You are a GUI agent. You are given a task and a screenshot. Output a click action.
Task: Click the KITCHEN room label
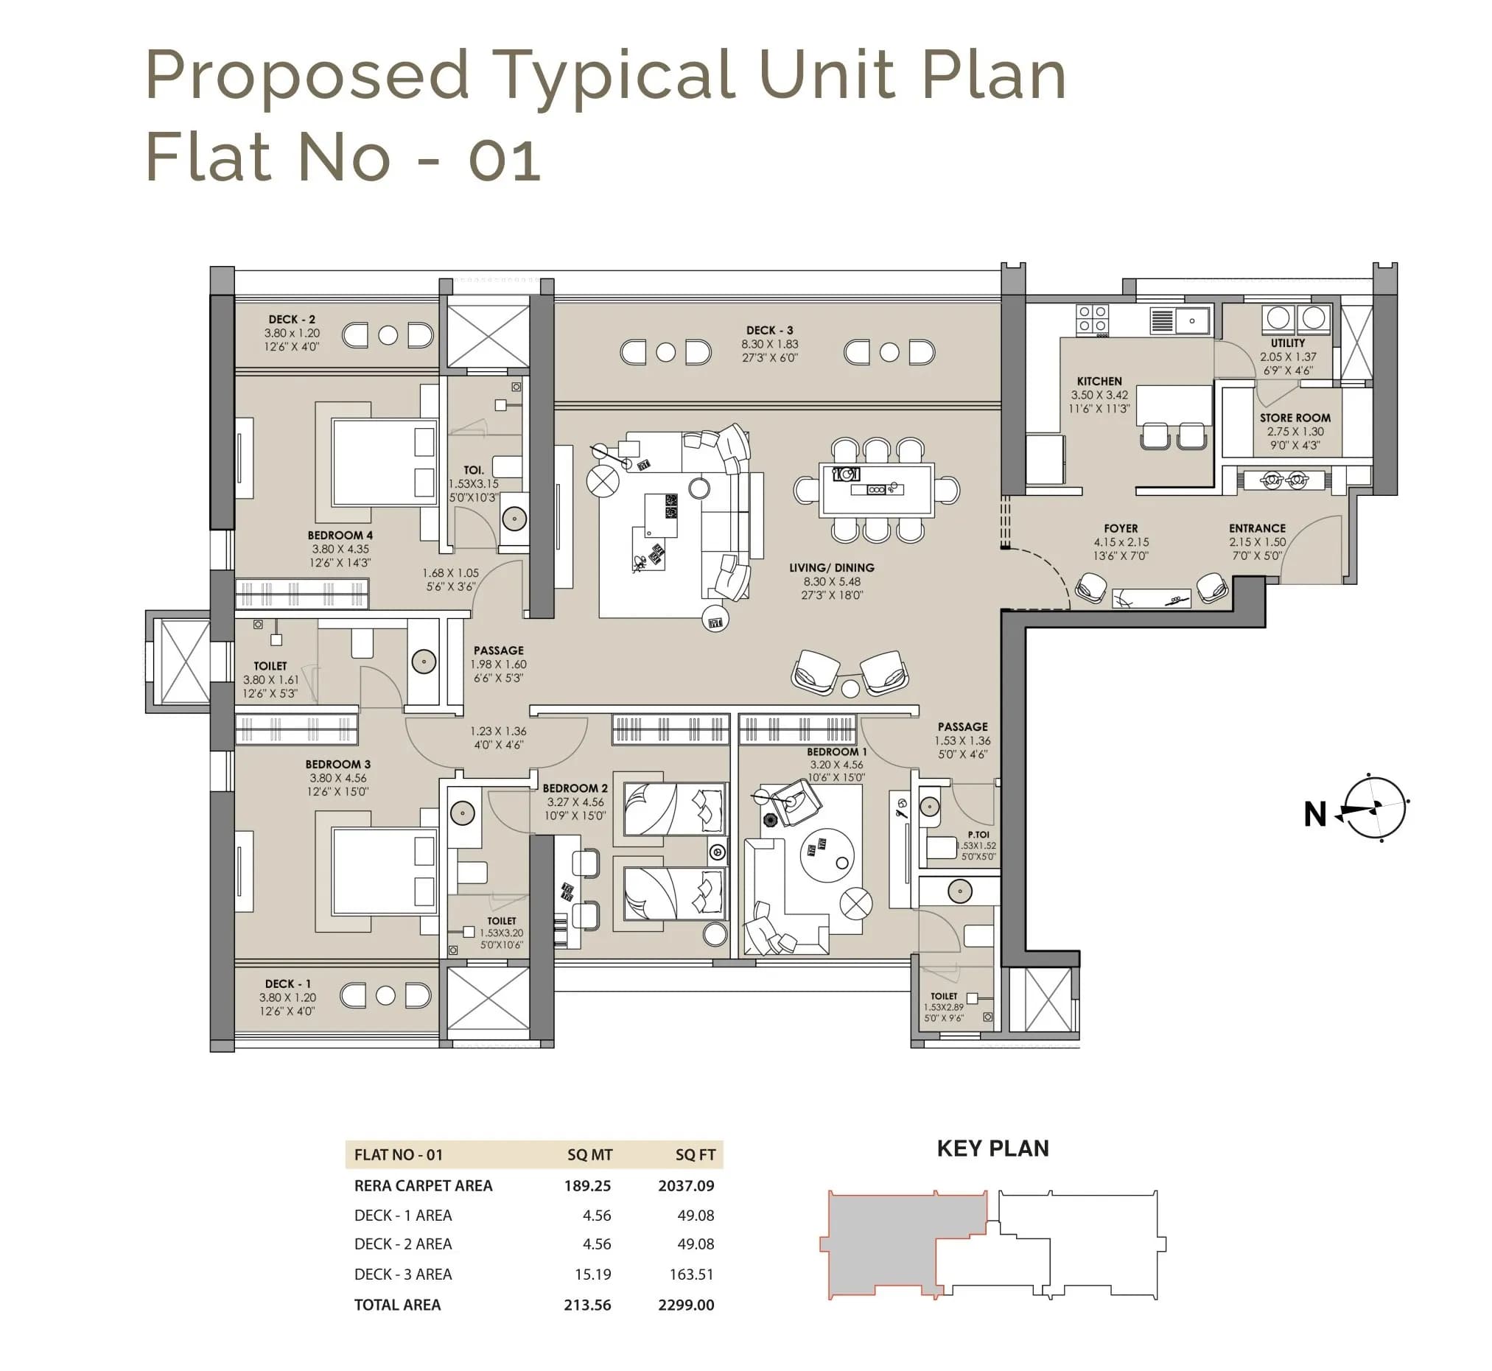pos(1099,382)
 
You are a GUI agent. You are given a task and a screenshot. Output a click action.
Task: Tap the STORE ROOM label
pos(1295,418)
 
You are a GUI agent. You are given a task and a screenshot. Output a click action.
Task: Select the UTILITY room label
pos(1287,343)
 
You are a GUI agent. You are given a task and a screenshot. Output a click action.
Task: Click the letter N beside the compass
pos(1314,815)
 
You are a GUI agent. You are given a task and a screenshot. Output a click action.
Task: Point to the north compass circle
pos(1375,809)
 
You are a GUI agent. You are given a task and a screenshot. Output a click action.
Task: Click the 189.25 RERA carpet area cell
pos(587,1185)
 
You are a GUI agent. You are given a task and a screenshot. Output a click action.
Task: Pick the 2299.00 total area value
pos(685,1305)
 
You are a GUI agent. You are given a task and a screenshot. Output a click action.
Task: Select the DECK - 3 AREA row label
pos(403,1274)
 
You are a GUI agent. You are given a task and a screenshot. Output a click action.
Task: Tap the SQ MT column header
pos(590,1155)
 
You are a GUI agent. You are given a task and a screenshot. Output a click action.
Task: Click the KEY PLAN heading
pos(992,1149)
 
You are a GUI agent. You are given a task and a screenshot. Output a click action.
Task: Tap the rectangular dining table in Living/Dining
pos(876,490)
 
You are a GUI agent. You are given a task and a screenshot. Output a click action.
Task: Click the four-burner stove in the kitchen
pos(1092,320)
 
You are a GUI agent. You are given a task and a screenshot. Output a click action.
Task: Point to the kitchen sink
pos(1191,321)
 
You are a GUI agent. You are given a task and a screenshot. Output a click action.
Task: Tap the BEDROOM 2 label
pos(575,788)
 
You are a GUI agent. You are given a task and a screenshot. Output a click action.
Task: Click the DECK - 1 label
pos(288,983)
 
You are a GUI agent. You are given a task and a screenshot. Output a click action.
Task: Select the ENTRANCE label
pos(1257,528)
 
